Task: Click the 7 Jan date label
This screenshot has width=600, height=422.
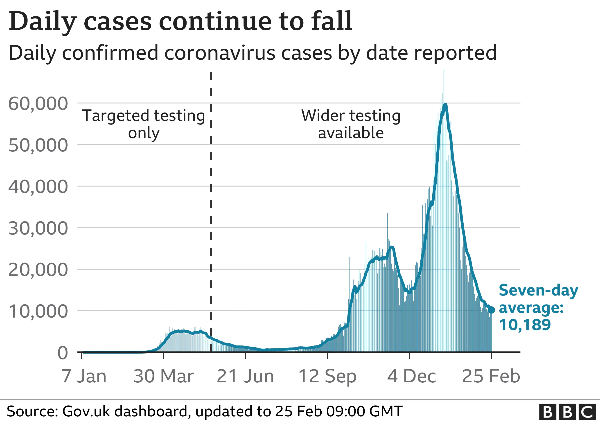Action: (84, 376)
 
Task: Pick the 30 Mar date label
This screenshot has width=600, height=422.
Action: (164, 376)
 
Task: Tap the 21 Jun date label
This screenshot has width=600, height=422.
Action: (245, 376)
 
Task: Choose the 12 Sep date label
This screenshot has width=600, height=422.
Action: (327, 376)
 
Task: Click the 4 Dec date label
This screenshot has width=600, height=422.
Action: (412, 376)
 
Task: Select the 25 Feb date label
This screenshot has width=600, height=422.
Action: (491, 376)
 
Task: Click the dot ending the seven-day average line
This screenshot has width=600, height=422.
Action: (491, 310)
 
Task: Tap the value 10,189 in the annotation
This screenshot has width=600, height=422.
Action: (525, 325)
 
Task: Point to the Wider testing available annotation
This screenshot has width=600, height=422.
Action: (351, 124)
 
